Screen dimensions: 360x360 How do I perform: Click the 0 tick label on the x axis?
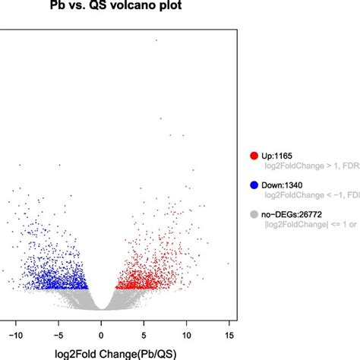click(x=101, y=331)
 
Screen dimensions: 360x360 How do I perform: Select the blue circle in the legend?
click(x=252, y=185)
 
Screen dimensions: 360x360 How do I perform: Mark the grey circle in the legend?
click(x=252, y=213)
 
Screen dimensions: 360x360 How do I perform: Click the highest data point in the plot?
click(x=156, y=40)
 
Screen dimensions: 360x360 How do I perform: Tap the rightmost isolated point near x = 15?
click(x=227, y=264)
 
